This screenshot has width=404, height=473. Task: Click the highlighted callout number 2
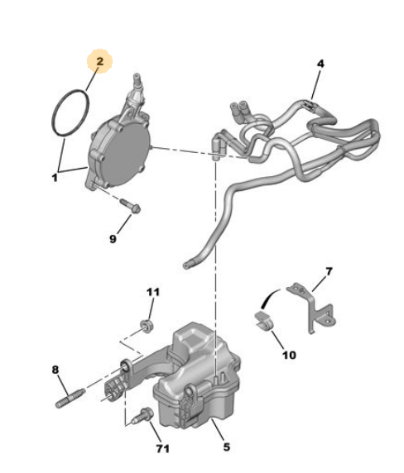[100, 63]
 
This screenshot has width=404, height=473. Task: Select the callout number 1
[55, 176]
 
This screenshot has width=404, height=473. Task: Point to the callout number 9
[115, 240]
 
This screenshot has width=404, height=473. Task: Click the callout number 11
[151, 292]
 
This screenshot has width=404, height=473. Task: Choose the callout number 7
[328, 271]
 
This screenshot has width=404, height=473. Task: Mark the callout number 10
[289, 356]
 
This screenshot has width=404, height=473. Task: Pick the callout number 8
[55, 370]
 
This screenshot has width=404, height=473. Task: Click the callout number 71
[162, 448]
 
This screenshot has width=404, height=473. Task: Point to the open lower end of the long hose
[187, 265]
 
